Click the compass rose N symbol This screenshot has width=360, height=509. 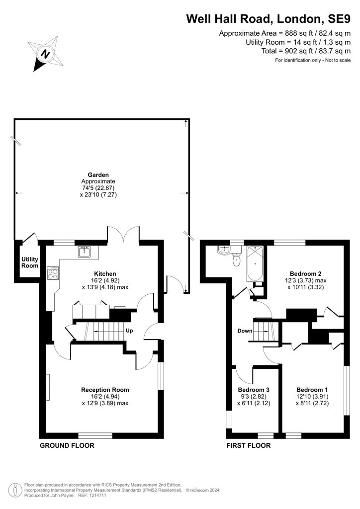click(x=45, y=54)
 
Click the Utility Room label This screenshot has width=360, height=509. click(x=30, y=262)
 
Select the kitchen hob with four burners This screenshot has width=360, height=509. click(x=53, y=273)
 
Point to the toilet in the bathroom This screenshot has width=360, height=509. click(x=237, y=258)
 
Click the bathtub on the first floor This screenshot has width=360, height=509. click(x=255, y=264)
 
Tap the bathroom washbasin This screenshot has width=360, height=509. click(x=224, y=250)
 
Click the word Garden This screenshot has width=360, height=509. click(x=98, y=174)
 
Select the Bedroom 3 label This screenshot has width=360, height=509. click(x=254, y=390)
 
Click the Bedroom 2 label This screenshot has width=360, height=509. click(x=305, y=274)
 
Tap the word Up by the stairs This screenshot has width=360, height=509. click(x=129, y=331)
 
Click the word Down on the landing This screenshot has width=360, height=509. click(x=245, y=331)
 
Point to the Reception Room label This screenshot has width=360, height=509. click(x=105, y=390)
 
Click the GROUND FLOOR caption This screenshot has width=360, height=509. click(x=67, y=445)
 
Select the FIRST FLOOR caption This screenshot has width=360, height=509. click(x=248, y=445)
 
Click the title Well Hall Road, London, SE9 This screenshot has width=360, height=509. click(x=268, y=19)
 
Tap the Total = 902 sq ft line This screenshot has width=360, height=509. click(x=306, y=51)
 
